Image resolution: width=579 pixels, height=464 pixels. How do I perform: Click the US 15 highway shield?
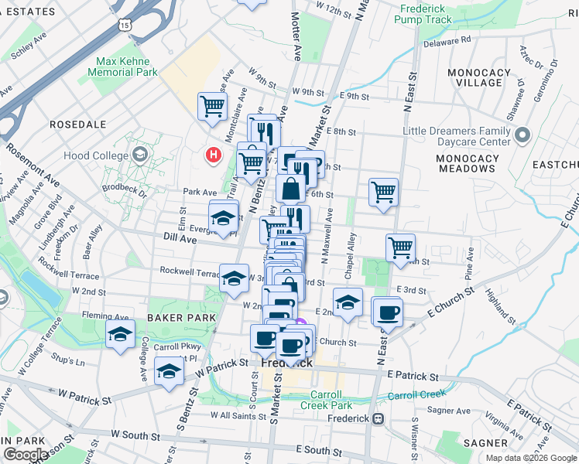[125, 26]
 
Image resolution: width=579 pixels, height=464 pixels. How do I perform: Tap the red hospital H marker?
[213, 155]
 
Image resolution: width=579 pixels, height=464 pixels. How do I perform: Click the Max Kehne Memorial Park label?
[127, 67]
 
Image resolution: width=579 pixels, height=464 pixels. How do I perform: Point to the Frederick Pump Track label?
[425, 14]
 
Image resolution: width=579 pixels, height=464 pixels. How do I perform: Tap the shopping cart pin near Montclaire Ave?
[212, 106]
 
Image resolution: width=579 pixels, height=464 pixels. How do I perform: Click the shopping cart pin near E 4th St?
[400, 247]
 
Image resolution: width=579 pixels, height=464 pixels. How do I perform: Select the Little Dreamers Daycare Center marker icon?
[522, 136]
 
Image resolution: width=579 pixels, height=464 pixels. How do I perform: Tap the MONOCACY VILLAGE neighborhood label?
[478, 77]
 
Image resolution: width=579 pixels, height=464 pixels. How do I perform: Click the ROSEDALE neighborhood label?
[77, 124]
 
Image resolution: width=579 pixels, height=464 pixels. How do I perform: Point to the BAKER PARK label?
[176, 318]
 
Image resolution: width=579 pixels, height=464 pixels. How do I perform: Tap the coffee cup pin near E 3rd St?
[387, 311]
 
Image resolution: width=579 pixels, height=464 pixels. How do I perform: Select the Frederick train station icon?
[378, 418]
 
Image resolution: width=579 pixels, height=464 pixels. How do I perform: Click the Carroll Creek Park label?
[326, 400]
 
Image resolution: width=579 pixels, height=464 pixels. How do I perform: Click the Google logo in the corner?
[26, 455]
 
